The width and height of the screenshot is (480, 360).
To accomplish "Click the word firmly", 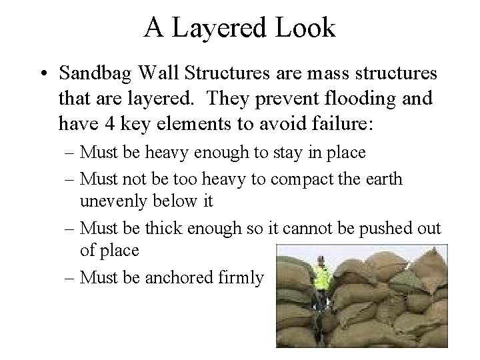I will click(x=244, y=277).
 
